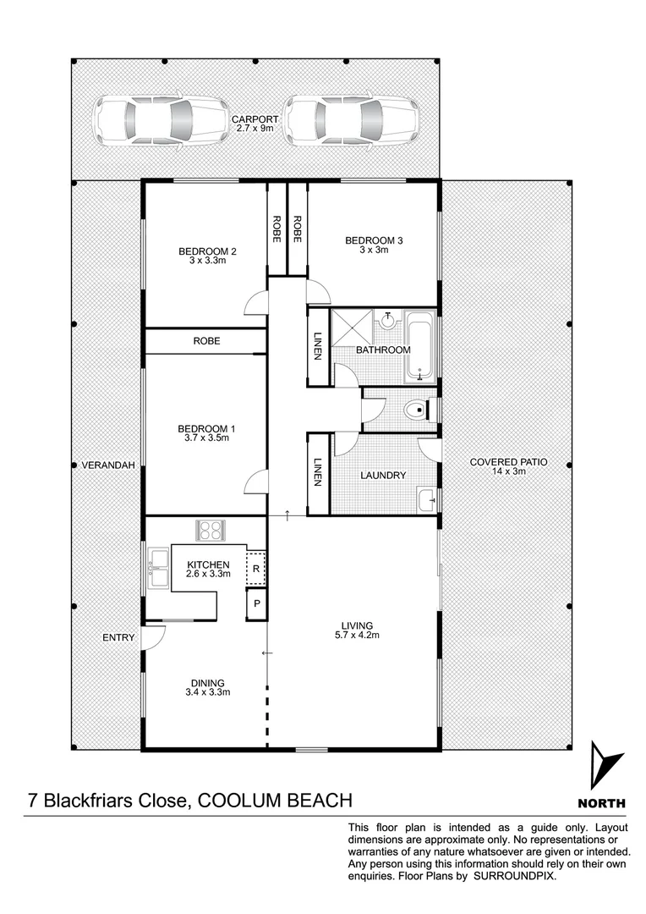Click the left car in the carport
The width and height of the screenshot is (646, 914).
click(161, 119)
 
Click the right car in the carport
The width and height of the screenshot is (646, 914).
click(352, 119)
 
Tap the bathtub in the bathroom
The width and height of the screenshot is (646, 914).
click(420, 346)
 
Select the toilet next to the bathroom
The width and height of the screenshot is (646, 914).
click(416, 410)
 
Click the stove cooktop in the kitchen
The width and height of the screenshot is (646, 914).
click(210, 530)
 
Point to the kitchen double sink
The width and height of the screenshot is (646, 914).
click(157, 568)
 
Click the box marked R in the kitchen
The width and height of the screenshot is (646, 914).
click(256, 569)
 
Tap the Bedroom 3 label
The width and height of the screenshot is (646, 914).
click(374, 241)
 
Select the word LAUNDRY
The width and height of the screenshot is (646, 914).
click(382, 476)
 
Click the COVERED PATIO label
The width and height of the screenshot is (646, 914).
click(508, 462)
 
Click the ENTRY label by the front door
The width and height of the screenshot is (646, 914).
click(118, 637)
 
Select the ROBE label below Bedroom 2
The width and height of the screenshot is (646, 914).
click(206, 341)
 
